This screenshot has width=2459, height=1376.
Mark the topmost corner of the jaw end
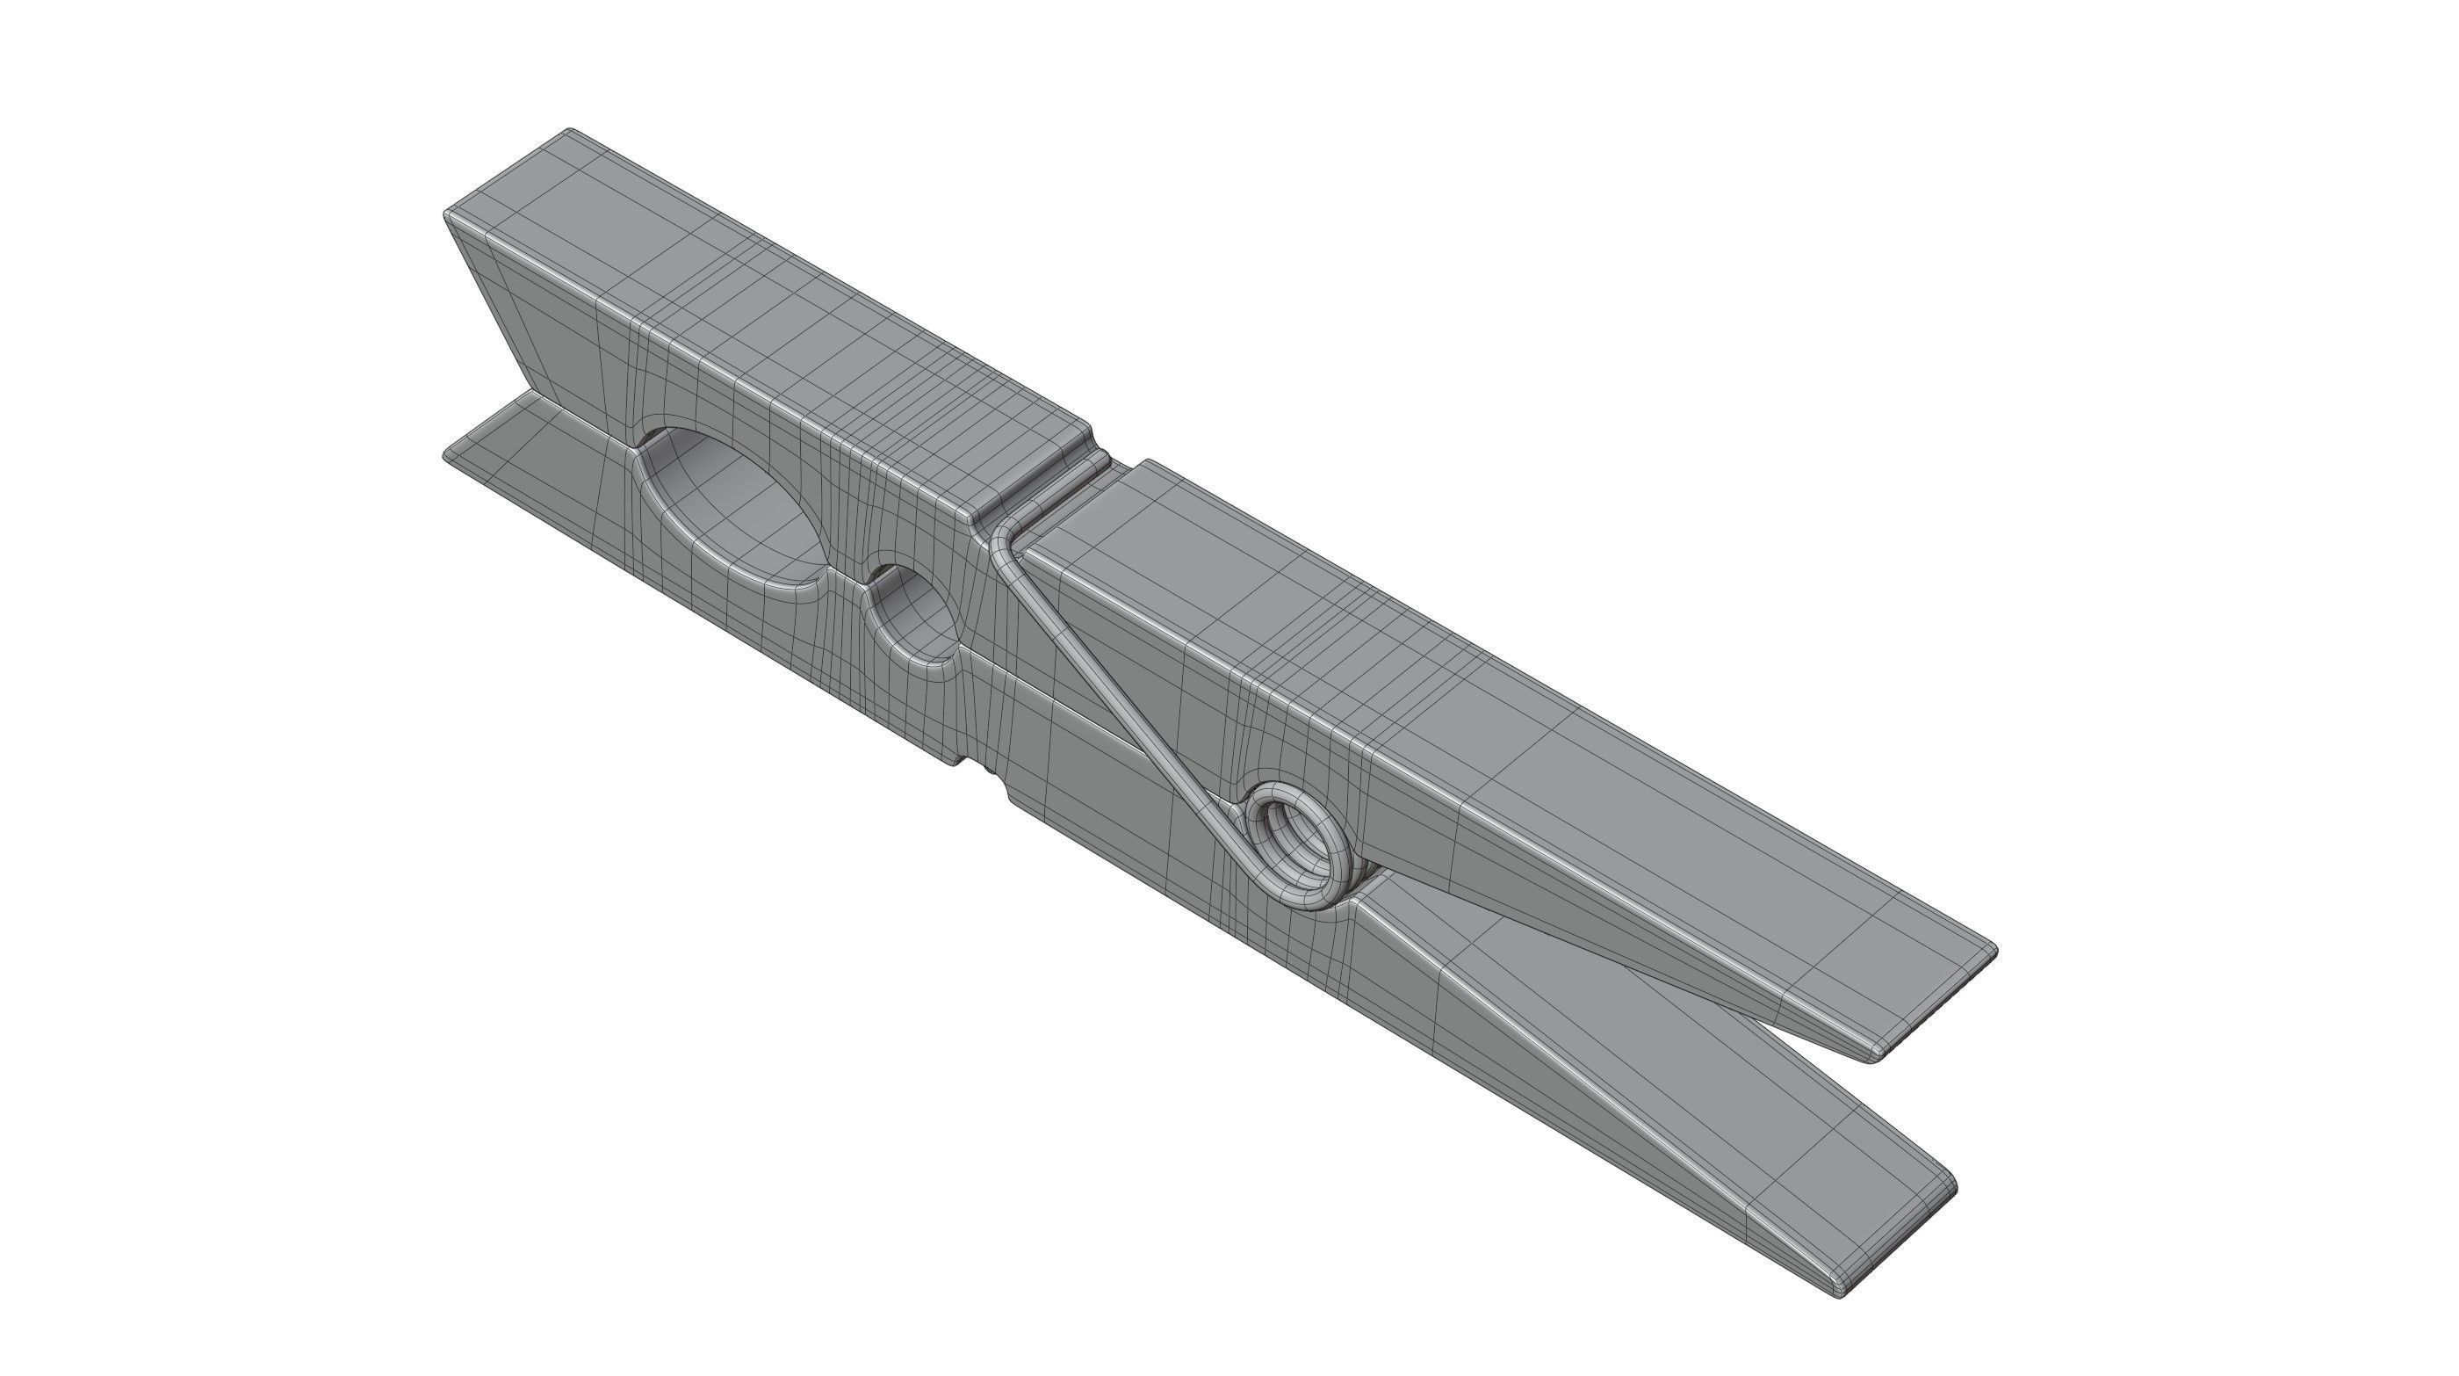(x=571, y=131)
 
